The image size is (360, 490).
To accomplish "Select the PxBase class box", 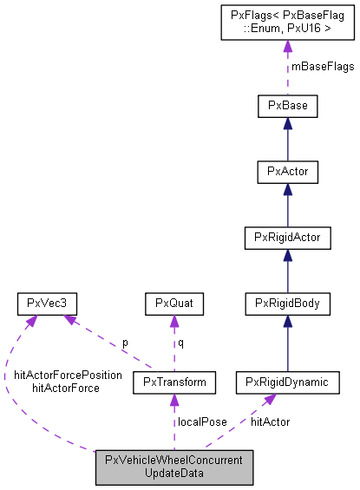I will [288, 107].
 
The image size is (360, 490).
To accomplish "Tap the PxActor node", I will [288, 172].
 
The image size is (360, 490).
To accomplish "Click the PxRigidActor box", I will [288, 238].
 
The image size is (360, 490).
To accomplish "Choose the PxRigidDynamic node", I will [288, 382].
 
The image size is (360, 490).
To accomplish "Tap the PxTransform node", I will [173, 382].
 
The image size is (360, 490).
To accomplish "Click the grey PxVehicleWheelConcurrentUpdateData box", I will [174, 467].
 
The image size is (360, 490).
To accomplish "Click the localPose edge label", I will [202, 421].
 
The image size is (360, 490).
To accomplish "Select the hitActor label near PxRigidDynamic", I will [270, 421].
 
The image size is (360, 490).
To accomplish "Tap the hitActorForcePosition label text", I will [68, 375].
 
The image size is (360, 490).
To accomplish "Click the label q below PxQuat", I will [180, 343].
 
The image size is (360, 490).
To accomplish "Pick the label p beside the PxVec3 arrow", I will [124, 343].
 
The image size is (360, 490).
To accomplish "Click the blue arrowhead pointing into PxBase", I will [288, 124].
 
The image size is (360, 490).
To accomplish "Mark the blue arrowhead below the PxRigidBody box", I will [288, 320].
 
